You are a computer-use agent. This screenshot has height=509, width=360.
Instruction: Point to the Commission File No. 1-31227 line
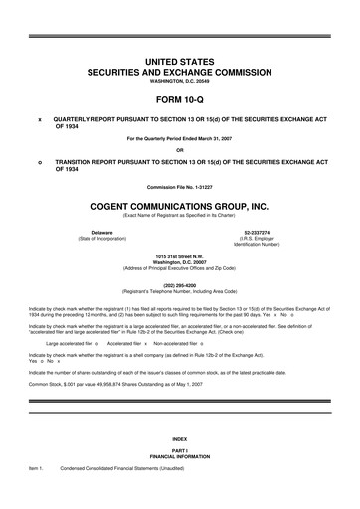179,187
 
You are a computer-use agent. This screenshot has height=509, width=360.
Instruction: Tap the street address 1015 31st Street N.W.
179,254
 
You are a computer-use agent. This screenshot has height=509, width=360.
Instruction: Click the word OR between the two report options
179,150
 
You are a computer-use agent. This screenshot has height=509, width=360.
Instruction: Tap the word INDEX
179,466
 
